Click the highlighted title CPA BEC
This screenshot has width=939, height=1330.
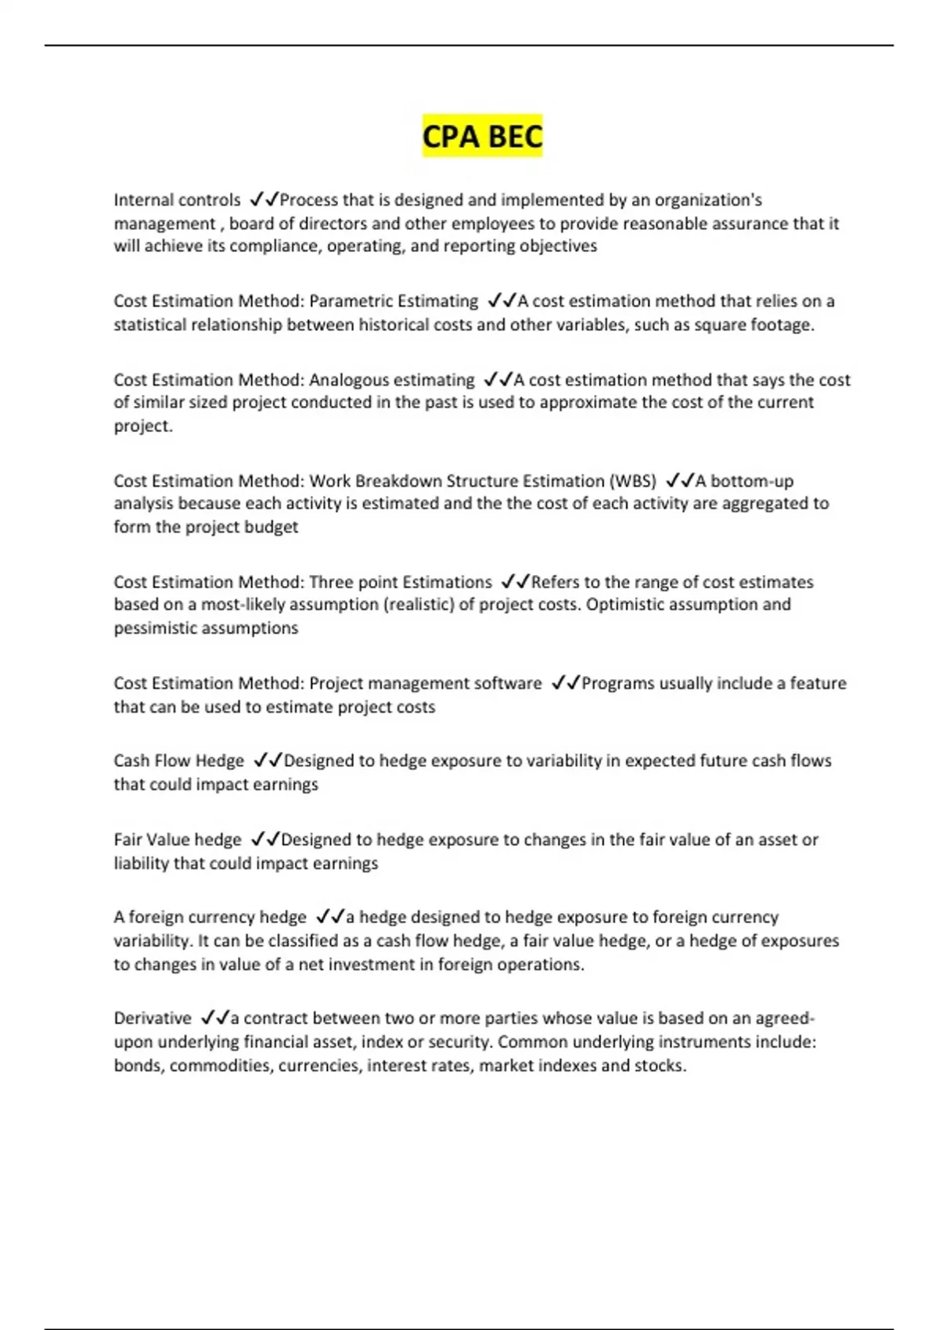482,137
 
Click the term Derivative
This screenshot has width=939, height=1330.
153,1019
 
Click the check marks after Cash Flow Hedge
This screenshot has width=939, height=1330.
268,761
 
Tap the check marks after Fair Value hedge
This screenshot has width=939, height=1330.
264,840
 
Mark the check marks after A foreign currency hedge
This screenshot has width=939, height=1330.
330,918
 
